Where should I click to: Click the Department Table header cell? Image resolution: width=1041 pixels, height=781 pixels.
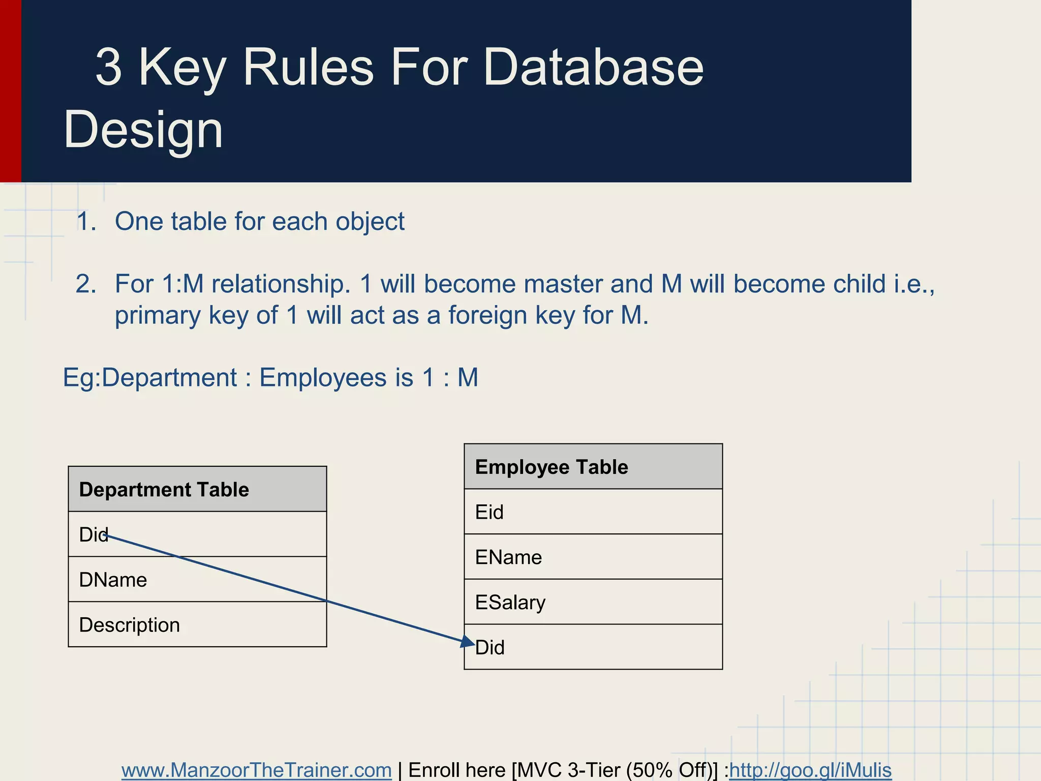[x=197, y=489]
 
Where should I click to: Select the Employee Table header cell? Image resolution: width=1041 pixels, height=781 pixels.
[x=593, y=467]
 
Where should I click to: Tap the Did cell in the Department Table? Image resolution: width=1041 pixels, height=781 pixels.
[x=197, y=534]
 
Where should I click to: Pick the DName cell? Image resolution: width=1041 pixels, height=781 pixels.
[x=197, y=580]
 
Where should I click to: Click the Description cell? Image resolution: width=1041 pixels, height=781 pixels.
[x=197, y=625]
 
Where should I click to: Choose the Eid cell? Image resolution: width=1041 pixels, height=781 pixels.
[x=593, y=512]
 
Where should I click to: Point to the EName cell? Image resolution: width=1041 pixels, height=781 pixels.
[x=593, y=557]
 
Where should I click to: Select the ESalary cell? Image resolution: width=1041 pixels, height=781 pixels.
[x=593, y=603]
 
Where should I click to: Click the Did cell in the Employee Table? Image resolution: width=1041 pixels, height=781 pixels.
[x=593, y=647]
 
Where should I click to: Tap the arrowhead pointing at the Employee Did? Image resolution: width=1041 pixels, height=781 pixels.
[x=467, y=642]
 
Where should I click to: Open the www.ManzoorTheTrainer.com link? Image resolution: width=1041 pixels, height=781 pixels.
[x=256, y=770]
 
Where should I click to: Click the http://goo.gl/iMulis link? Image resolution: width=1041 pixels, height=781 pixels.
[x=810, y=770]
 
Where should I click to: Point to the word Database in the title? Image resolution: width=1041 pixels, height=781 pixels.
[x=593, y=67]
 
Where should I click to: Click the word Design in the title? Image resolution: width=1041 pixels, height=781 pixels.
[x=143, y=129]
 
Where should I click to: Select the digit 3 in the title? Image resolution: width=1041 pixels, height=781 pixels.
[x=109, y=67]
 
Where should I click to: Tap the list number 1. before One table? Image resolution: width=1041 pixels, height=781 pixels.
[x=86, y=222]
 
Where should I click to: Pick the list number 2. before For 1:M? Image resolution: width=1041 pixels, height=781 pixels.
[x=86, y=284]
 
